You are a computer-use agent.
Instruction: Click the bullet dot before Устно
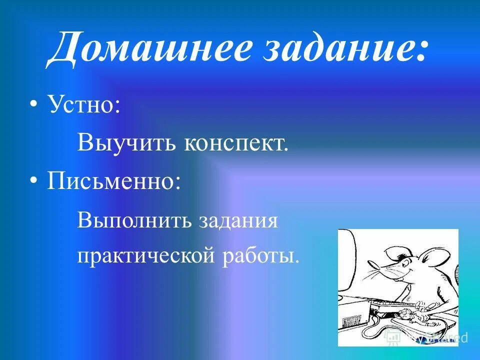point(33,105)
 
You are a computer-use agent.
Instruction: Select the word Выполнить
point(135,220)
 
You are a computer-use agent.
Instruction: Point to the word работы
point(258,256)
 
